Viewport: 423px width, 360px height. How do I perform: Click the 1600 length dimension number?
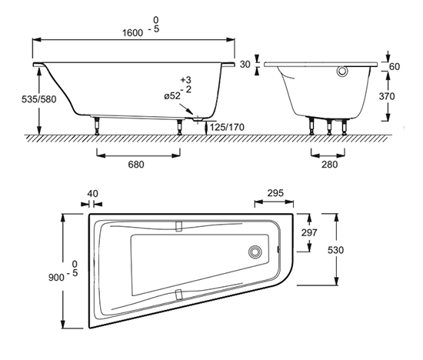(x=133, y=32)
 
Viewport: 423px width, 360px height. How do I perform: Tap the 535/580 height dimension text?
(x=39, y=99)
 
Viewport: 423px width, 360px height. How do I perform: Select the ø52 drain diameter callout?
(x=172, y=96)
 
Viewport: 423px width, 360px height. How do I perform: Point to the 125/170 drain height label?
(x=227, y=127)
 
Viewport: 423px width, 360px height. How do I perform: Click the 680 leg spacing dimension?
(x=136, y=165)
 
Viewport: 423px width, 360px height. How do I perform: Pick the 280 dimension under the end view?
(x=329, y=165)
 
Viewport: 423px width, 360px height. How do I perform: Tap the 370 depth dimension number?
(x=387, y=96)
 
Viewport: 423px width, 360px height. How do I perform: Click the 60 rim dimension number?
(x=395, y=67)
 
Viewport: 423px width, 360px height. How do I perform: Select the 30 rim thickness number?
(x=245, y=65)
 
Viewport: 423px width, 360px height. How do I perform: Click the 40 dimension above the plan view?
(x=93, y=194)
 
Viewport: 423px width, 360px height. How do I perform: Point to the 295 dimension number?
(x=275, y=193)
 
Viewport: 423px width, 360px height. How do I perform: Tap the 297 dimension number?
(x=309, y=232)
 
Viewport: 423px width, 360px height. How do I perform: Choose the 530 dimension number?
(x=335, y=250)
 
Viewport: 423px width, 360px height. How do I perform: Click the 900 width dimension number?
(x=56, y=278)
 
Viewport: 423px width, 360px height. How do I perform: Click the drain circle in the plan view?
(x=255, y=252)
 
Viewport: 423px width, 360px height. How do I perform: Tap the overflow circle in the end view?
(x=342, y=72)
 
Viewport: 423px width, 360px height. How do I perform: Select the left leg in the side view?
(x=97, y=125)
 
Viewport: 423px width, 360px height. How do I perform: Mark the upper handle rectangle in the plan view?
(x=178, y=226)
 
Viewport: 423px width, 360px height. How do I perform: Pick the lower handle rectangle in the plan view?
(x=178, y=295)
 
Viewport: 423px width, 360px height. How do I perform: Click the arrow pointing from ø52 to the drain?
(x=186, y=108)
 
